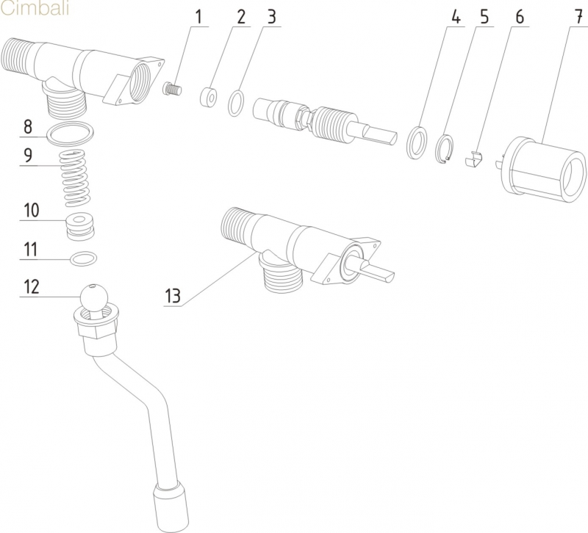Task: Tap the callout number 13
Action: (x=173, y=296)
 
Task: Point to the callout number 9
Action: (x=27, y=156)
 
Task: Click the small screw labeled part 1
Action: (x=171, y=90)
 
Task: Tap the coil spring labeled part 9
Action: (x=76, y=177)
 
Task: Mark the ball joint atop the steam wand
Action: (x=93, y=297)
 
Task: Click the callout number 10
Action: (x=30, y=210)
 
